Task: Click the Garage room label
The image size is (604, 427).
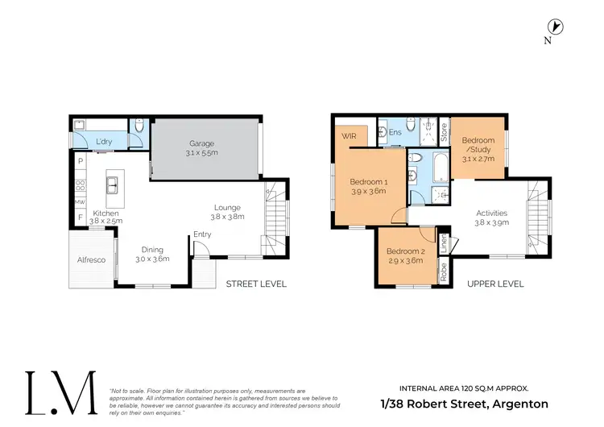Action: click(x=202, y=143)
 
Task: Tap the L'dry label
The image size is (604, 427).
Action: click(x=104, y=143)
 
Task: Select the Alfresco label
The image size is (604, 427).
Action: click(x=89, y=260)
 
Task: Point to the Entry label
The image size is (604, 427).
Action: click(x=201, y=235)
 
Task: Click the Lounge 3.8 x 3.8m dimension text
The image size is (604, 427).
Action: click(x=227, y=217)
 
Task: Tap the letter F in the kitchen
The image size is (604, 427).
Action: click(x=81, y=218)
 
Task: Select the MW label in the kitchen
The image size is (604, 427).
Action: click(x=81, y=202)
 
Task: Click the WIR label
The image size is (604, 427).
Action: click(x=349, y=136)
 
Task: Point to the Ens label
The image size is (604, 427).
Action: click(x=395, y=132)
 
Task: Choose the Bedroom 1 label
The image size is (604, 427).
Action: click(x=369, y=182)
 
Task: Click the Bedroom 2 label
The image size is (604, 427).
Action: click(x=405, y=252)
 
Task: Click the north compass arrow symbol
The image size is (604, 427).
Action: click(x=556, y=27)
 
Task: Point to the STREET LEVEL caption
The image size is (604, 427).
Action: click(x=256, y=284)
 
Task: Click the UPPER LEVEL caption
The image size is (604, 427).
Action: click(x=494, y=284)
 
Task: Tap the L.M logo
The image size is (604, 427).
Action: click(x=61, y=393)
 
